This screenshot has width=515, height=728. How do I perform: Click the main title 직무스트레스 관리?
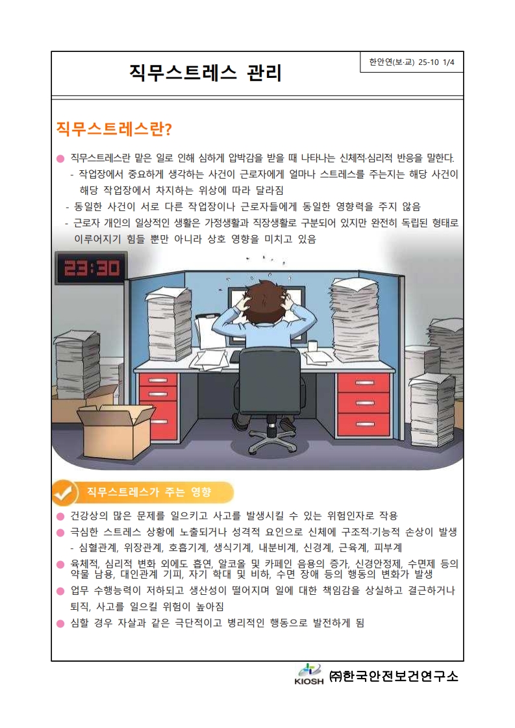(206, 73)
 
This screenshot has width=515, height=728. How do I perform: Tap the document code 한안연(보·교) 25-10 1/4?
(412, 62)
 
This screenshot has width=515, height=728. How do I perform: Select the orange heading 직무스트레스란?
(114, 129)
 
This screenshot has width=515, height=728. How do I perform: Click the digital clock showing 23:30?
(91, 268)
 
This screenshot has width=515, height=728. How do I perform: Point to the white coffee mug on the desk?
(313, 346)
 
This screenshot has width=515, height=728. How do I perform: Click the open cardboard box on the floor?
(115, 428)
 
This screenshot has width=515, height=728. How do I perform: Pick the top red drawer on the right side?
(364, 383)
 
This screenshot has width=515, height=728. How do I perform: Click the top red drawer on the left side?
(158, 381)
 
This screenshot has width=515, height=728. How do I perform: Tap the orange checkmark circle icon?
(64, 493)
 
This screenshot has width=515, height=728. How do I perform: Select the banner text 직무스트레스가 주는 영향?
(149, 492)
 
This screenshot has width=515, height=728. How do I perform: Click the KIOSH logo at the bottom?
(309, 675)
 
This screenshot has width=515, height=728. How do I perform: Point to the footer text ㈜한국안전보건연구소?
(394, 676)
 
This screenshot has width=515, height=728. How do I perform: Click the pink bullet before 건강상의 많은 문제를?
(60, 517)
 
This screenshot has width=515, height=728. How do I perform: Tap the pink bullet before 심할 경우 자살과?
(60, 623)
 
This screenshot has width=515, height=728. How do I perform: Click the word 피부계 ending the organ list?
(388, 548)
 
